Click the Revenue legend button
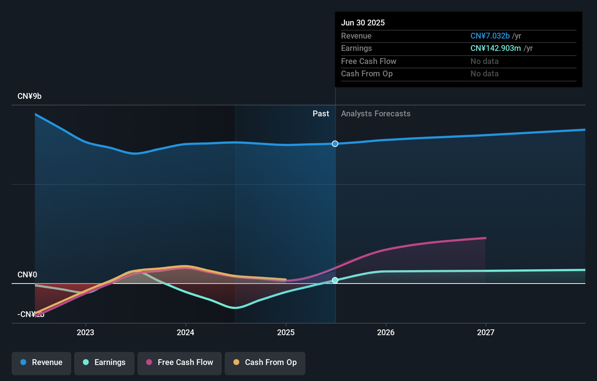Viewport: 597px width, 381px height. point(41,362)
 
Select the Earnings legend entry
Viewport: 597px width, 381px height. point(104,362)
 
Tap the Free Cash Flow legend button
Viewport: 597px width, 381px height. point(180,362)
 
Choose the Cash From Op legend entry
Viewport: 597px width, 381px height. point(265,362)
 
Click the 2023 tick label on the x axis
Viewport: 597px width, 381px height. point(85,332)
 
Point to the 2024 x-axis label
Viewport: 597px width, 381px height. point(185,332)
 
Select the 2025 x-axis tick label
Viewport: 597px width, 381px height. point(286,332)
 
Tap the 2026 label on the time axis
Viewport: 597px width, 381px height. point(386,332)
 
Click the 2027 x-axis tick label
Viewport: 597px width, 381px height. point(486,332)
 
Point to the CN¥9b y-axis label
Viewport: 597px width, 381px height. point(29,96)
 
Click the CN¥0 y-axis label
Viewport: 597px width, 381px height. point(27,275)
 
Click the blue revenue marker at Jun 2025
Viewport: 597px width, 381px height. point(335,144)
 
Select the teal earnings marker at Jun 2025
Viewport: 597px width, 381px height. point(335,280)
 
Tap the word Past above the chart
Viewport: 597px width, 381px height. point(321,114)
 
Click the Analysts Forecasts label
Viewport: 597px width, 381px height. point(376,114)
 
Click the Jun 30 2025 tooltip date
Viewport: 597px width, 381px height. point(363,23)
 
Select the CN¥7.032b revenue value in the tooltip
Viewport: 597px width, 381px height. point(490,36)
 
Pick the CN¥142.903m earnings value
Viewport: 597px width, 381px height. point(495,48)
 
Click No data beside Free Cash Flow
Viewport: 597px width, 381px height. point(484,61)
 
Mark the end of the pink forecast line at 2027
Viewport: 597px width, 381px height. point(485,238)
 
